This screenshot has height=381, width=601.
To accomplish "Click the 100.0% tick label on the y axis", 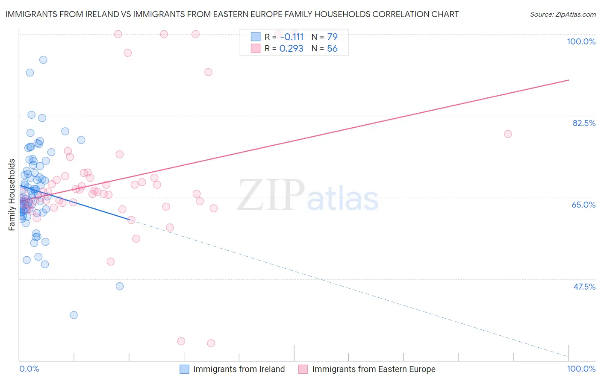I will click(x=581, y=41).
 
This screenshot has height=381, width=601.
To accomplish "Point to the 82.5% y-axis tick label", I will click(x=584, y=123).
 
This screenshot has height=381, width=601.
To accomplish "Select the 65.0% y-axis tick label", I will click(x=583, y=205).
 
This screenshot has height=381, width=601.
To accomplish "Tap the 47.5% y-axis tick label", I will click(x=584, y=287).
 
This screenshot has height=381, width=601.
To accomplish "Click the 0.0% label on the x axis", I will click(x=29, y=369).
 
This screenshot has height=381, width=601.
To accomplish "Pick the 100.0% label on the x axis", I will click(x=581, y=369).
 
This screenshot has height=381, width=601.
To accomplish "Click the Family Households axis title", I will click(x=12, y=195).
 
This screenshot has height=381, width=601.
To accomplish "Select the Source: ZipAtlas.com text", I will click(x=563, y=14).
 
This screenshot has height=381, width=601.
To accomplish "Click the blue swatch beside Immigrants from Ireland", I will click(x=184, y=369).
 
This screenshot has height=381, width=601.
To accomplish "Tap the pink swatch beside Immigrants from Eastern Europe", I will click(x=303, y=369).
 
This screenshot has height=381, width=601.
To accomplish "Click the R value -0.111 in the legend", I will click(x=292, y=37).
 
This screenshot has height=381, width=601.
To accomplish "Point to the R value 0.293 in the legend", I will click(x=291, y=49).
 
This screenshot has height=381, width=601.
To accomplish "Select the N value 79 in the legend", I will click(x=332, y=37).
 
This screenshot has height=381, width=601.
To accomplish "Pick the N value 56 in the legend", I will click(x=332, y=49).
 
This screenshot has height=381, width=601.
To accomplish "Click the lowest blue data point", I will click(x=74, y=315).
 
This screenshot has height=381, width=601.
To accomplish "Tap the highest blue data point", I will click(x=43, y=60).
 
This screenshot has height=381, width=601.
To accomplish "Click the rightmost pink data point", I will click(x=508, y=134).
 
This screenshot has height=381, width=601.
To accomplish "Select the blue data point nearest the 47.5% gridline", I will click(x=120, y=286).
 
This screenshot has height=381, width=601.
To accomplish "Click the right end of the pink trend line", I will click(x=569, y=80).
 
